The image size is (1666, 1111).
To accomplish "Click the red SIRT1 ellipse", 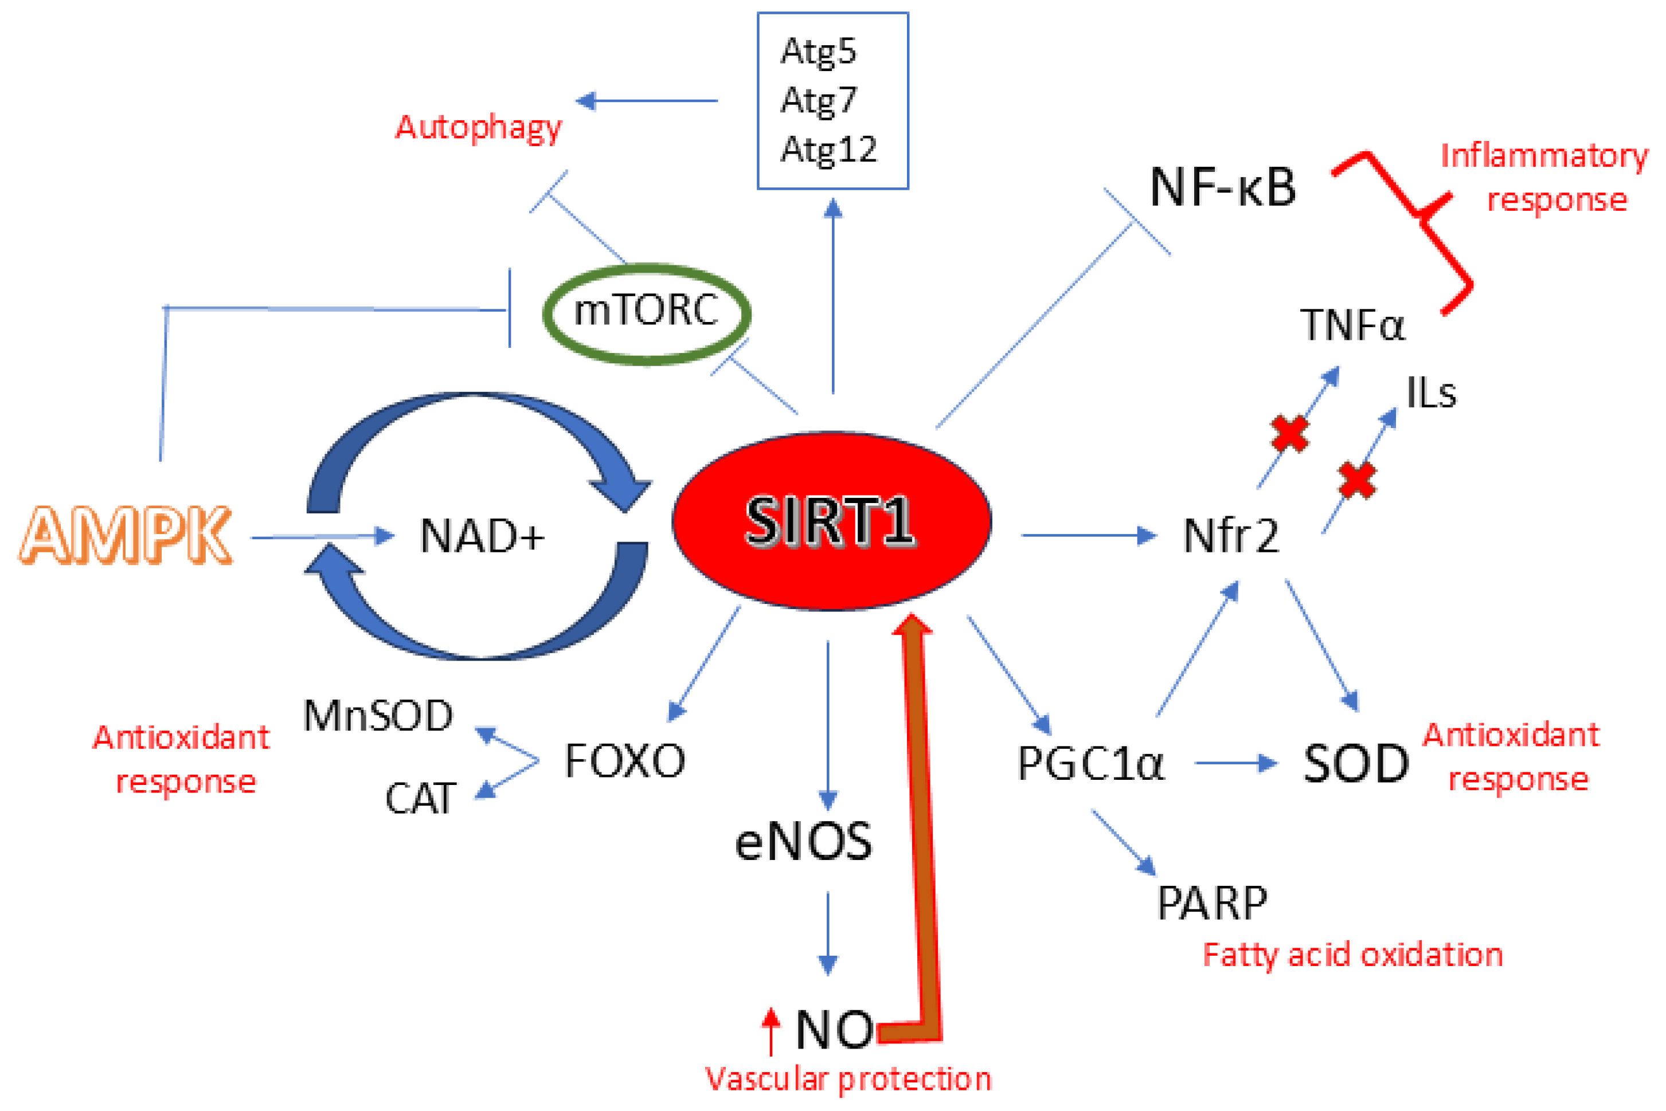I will (x=831, y=521).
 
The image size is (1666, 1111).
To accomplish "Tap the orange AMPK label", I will (x=126, y=535).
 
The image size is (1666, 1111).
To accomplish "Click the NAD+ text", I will (x=482, y=536).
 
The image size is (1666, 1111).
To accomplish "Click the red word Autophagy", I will (x=479, y=128).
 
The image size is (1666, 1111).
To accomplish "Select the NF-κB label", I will (x=1222, y=188).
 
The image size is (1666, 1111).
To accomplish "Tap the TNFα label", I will (x=1351, y=326).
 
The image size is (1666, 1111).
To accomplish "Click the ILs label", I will (x=1430, y=393).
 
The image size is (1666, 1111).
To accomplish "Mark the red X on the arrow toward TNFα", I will (x=1289, y=434).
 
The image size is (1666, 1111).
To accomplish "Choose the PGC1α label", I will (x=1090, y=764).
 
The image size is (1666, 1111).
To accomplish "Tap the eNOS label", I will (x=803, y=842).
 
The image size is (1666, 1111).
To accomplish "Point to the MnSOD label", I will (x=378, y=716).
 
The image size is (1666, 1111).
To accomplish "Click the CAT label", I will (x=420, y=799).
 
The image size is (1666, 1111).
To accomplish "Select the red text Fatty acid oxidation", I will (x=1352, y=955).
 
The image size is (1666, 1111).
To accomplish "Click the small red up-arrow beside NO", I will (x=771, y=1031).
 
